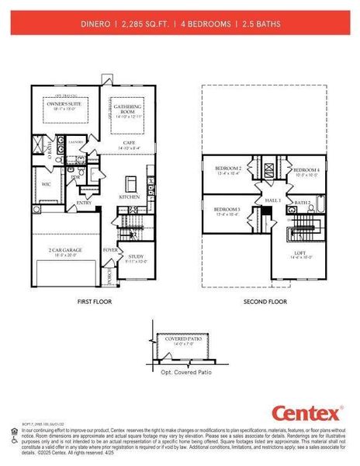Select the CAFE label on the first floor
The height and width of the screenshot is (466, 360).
click(129, 143)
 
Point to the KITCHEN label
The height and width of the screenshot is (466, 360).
click(129, 197)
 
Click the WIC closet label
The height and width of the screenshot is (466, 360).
click(47, 184)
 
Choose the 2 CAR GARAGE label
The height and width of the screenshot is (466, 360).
click(67, 250)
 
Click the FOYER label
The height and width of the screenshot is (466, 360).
click(110, 250)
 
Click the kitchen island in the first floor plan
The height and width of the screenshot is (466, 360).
click(131, 184)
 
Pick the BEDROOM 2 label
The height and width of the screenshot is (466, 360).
click(228, 168)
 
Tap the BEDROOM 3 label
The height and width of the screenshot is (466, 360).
click(227, 210)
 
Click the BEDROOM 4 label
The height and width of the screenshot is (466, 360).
click(306, 169)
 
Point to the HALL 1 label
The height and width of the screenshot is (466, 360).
click(273, 200)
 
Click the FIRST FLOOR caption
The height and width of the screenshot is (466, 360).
click(95, 301)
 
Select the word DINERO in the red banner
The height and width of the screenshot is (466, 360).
click(95, 24)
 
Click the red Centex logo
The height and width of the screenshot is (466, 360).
click(306, 412)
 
